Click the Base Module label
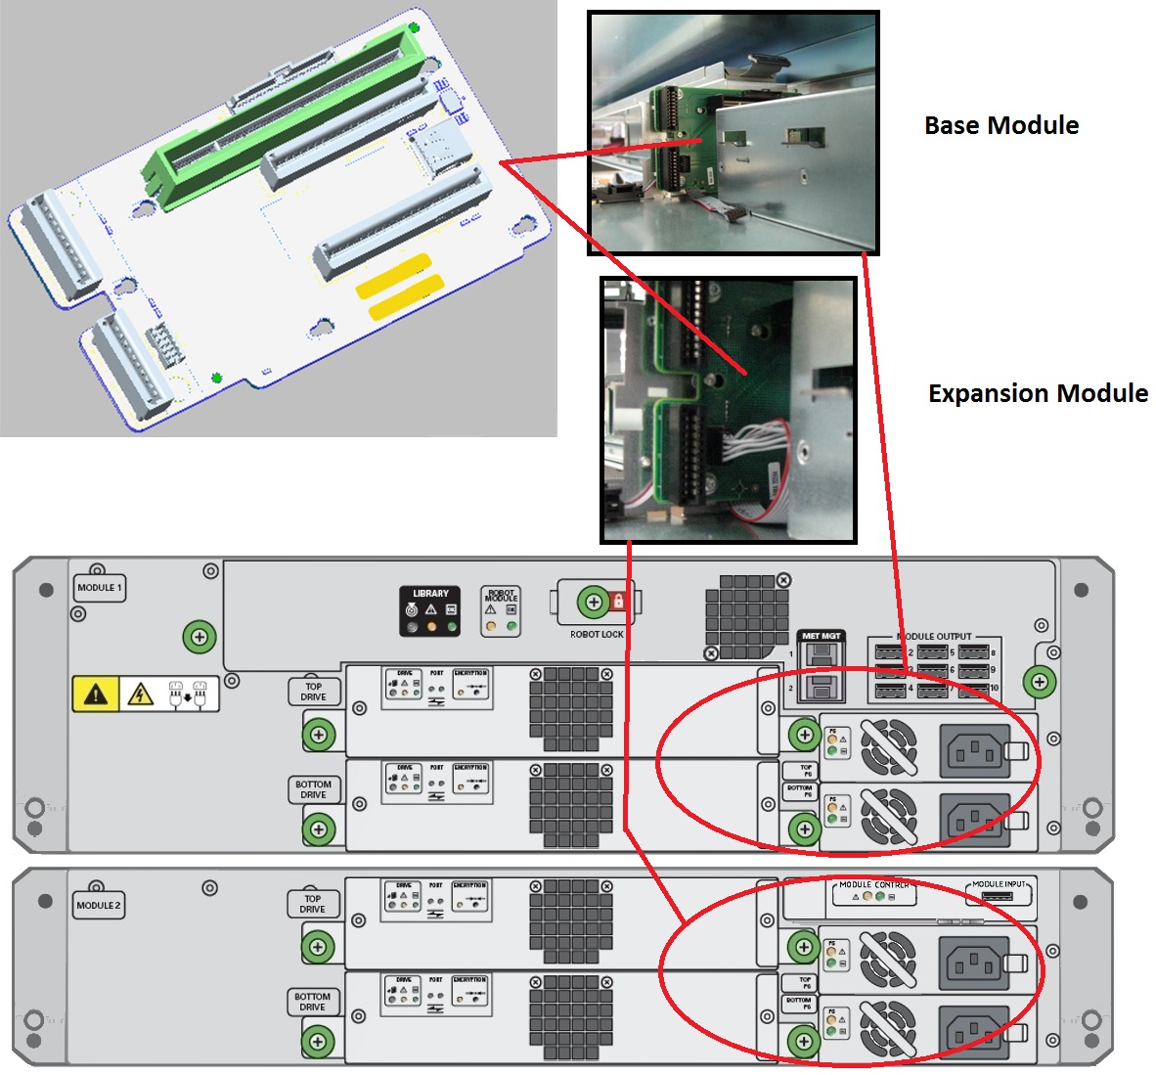pos(1001,125)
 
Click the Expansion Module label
pos(1038,393)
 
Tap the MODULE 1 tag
pos(99,588)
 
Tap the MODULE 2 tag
pos(99,906)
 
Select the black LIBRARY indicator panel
pos(430,611)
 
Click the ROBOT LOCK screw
pos(593,602)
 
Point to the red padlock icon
pos(618,600)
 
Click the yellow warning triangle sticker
pos(96,694)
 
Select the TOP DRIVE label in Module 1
pos(313,692)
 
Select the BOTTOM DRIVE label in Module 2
pos(313,1002)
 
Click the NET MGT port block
pos(821,667)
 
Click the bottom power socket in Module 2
pos(975,1029)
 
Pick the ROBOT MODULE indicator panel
pos(501,611)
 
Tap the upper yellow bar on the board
pos(393,275)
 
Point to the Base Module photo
pos(733,133)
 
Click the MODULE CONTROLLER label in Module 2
pos(874,885)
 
